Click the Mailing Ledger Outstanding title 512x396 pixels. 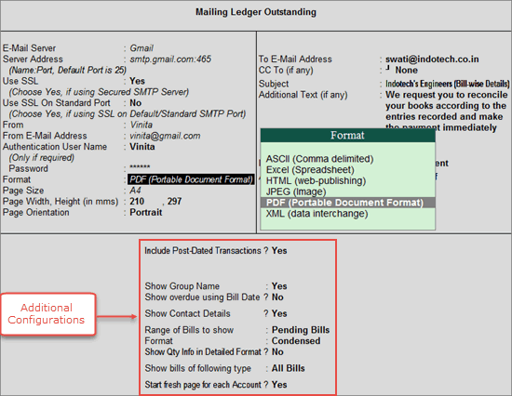256,12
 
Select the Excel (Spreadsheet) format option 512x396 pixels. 310,169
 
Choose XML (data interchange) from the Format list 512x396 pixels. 317,214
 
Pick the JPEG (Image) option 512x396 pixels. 296,191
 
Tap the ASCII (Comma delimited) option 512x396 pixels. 319,159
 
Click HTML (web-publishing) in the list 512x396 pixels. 316,180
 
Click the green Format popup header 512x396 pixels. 348,135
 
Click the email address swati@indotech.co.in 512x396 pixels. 432,59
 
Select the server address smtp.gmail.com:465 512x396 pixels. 170,59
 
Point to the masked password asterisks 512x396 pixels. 140,167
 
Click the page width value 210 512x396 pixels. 137,202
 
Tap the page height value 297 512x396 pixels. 174,202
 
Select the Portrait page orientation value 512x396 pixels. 145,212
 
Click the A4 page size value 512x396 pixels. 135,191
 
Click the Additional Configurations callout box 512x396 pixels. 48,314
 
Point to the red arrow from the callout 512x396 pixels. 116,316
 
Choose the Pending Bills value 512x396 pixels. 301,330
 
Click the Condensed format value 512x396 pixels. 296,341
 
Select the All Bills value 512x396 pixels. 288,368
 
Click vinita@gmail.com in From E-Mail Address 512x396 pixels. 165,136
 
